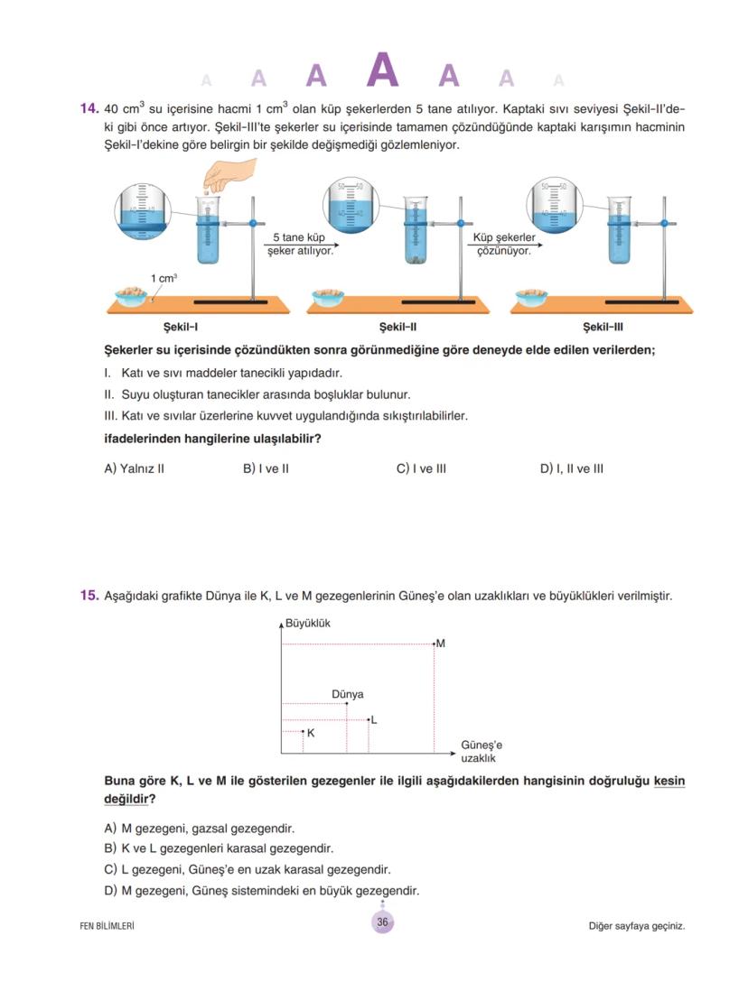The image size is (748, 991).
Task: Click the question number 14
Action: click(x=89, y=108)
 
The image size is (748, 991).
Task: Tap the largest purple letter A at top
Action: click(x=383, y=71)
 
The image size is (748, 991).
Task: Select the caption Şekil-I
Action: click(x=181, y=328)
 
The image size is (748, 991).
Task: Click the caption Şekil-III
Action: click(x=603, y=328)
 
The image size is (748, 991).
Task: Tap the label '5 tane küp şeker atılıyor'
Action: click(x=300, y=244)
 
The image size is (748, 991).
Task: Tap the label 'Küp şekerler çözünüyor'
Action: click(x=504, y=244)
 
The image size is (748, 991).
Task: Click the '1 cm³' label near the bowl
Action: click(x=164, y=278)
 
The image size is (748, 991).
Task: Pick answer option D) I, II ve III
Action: click(x=571, y=468)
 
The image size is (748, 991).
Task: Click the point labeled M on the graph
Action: click(x=435, y=644)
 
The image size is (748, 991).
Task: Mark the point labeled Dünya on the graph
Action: click(x=347, y=703)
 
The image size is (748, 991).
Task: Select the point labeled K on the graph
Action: click(x=303, y=732)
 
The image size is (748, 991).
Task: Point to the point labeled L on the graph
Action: click(x=369, y=719)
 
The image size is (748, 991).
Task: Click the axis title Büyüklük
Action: click(x=308, y=623)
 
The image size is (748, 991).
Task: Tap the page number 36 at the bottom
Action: click(x=382, y=922)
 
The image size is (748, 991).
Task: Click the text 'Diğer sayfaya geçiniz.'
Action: click(x=635, y=925)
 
